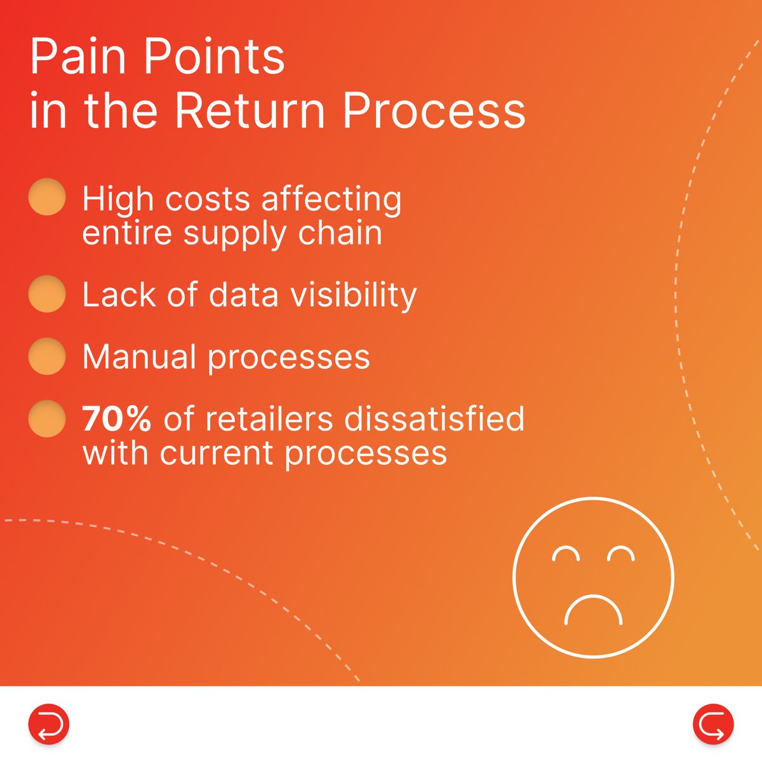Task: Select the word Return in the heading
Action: [x=251, y=111]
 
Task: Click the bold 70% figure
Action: [x=117, y=419]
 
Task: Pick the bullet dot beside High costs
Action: [x=47, y=197]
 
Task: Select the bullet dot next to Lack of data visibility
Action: [x=47, y=294]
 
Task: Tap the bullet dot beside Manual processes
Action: [x=47, y=356]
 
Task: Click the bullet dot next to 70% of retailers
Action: [x=47, y=418]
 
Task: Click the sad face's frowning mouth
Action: [x=593, y=610]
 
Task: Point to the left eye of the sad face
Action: [x=566, y=554]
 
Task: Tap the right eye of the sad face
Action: [x=620, y=554]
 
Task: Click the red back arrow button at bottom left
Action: [x=48, y=724]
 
